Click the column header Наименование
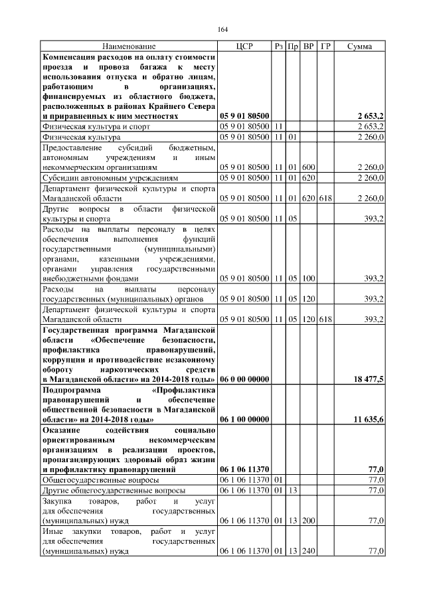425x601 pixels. tap(129, 46)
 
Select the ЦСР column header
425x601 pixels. tap(244, 46)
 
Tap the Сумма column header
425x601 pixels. tap(359, 46)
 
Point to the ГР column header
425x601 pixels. tap(325, 46)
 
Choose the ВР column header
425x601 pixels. tap(308, 46)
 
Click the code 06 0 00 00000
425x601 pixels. tap(244, 379)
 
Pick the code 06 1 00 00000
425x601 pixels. tap(244, 420)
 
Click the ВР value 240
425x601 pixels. tap(308, 551)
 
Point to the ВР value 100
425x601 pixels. tap(308, 278)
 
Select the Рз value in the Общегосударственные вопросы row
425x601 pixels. tap(279, 479)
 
